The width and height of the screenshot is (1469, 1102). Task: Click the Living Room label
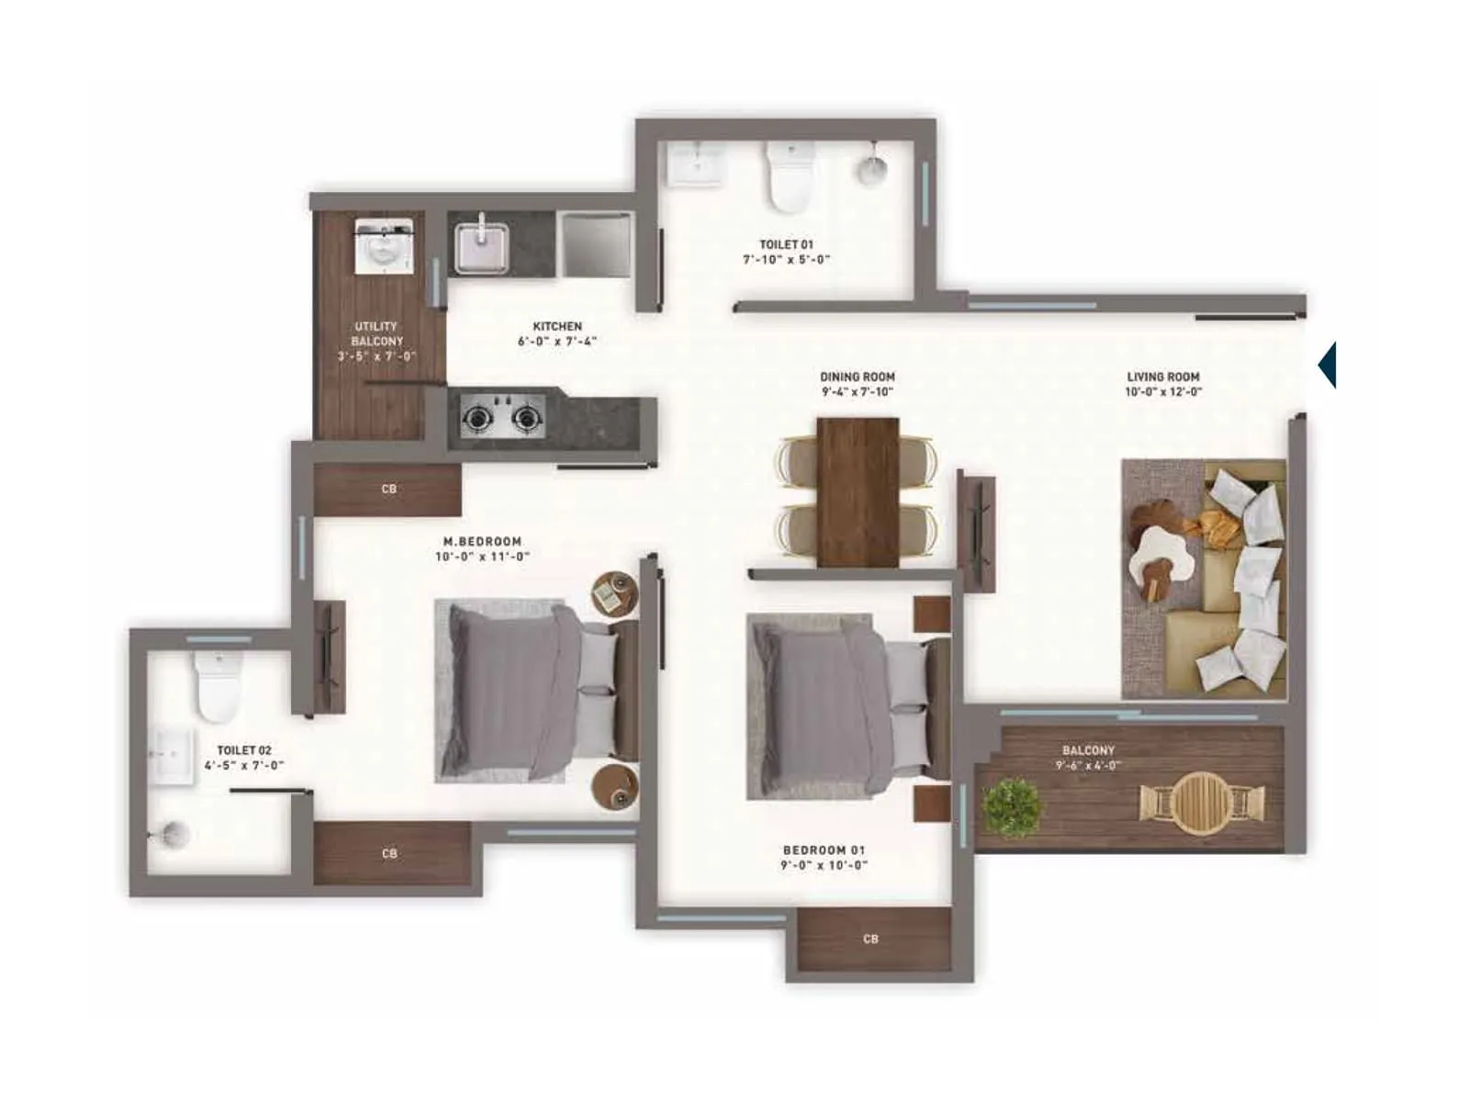[x=1162, y=377]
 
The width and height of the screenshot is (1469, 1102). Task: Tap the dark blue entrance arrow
[x=1328, y=365]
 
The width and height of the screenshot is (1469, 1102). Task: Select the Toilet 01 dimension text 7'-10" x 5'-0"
[x=786, y=260]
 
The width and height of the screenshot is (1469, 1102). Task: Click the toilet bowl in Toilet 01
[x=790, y=177]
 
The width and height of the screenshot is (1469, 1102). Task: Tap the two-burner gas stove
[x=500, y=419]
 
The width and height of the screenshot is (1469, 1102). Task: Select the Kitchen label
[x=557, y=326]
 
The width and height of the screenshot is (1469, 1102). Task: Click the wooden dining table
[x=858, y=491]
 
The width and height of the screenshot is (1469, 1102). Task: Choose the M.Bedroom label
[x=482, y=542]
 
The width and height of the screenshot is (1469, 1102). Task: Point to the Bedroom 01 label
[x=824, y=850]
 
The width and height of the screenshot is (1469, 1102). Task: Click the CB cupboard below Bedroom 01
[x=871, y=939]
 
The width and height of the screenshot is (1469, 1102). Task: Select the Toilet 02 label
[x=244, y=750]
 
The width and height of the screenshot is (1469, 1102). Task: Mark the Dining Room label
[x=857, y=377]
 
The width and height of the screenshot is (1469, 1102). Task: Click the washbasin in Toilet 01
[x=695, y=165]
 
